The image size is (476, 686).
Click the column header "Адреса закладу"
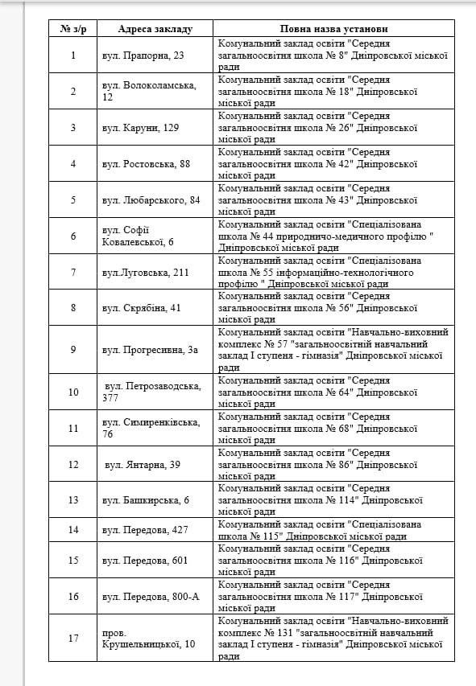pyautogui.click(x=155, y=29)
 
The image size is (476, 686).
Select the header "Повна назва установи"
pyautogui.click(x=333, y=29)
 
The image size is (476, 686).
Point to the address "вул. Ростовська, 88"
pyautogui.click(x=147, y=163)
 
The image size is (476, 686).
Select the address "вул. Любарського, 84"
pyautogui.click(x=151, y=199)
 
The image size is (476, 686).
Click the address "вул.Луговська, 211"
pyautogui.click(x=146, y=272)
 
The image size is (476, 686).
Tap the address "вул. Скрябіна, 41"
pyautogui.click(x=142, y=307)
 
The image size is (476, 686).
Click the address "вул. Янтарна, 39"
pyautogui.click(x=143, y=464)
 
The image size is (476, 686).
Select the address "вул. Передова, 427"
pyautogui.click(x=146, y=529)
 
